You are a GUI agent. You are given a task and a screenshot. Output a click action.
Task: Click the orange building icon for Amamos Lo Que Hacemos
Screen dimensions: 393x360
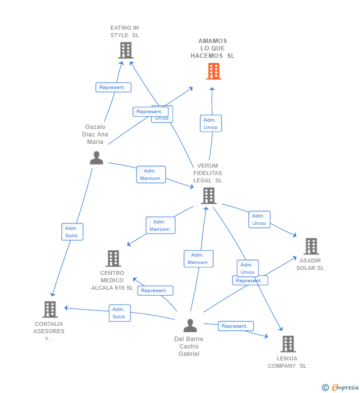coord(213,71)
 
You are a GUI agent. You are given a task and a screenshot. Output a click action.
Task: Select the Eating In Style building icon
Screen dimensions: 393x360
coord(126,50)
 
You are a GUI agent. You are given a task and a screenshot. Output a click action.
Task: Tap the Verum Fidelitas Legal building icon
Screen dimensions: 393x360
coord(209,196)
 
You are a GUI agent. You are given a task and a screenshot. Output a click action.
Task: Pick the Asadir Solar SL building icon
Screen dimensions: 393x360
coord(311,246)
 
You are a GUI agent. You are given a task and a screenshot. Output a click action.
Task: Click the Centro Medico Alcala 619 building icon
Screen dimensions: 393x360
coord(113,259)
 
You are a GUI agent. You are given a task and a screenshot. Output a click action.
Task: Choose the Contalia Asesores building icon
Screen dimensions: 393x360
coord(49,309)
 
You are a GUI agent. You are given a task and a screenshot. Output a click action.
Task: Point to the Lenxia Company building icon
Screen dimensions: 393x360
coord(288,344)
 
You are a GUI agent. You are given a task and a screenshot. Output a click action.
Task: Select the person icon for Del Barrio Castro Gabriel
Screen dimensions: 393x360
coord(190,326)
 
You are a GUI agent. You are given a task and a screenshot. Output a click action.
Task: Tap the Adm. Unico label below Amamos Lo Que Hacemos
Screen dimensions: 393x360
coord(210,124)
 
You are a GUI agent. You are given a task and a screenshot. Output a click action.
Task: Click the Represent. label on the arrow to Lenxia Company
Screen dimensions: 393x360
coord(235,326)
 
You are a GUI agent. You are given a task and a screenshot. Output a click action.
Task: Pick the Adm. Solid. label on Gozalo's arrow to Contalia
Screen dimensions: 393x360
coord(72,232)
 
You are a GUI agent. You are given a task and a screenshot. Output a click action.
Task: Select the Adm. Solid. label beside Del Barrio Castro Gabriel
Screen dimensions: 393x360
coord(119,313)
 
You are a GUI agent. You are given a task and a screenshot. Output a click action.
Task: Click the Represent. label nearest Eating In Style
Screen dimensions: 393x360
coord(113,87)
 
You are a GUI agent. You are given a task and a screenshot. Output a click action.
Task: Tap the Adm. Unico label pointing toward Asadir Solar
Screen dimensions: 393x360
coord(259,219)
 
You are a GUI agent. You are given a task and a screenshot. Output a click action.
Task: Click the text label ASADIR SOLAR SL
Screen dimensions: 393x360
coord(310,264)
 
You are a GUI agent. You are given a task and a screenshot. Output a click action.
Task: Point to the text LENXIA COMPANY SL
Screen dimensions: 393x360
coord(287,362)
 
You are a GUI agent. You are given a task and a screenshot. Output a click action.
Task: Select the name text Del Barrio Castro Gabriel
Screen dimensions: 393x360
coord(189,347)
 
